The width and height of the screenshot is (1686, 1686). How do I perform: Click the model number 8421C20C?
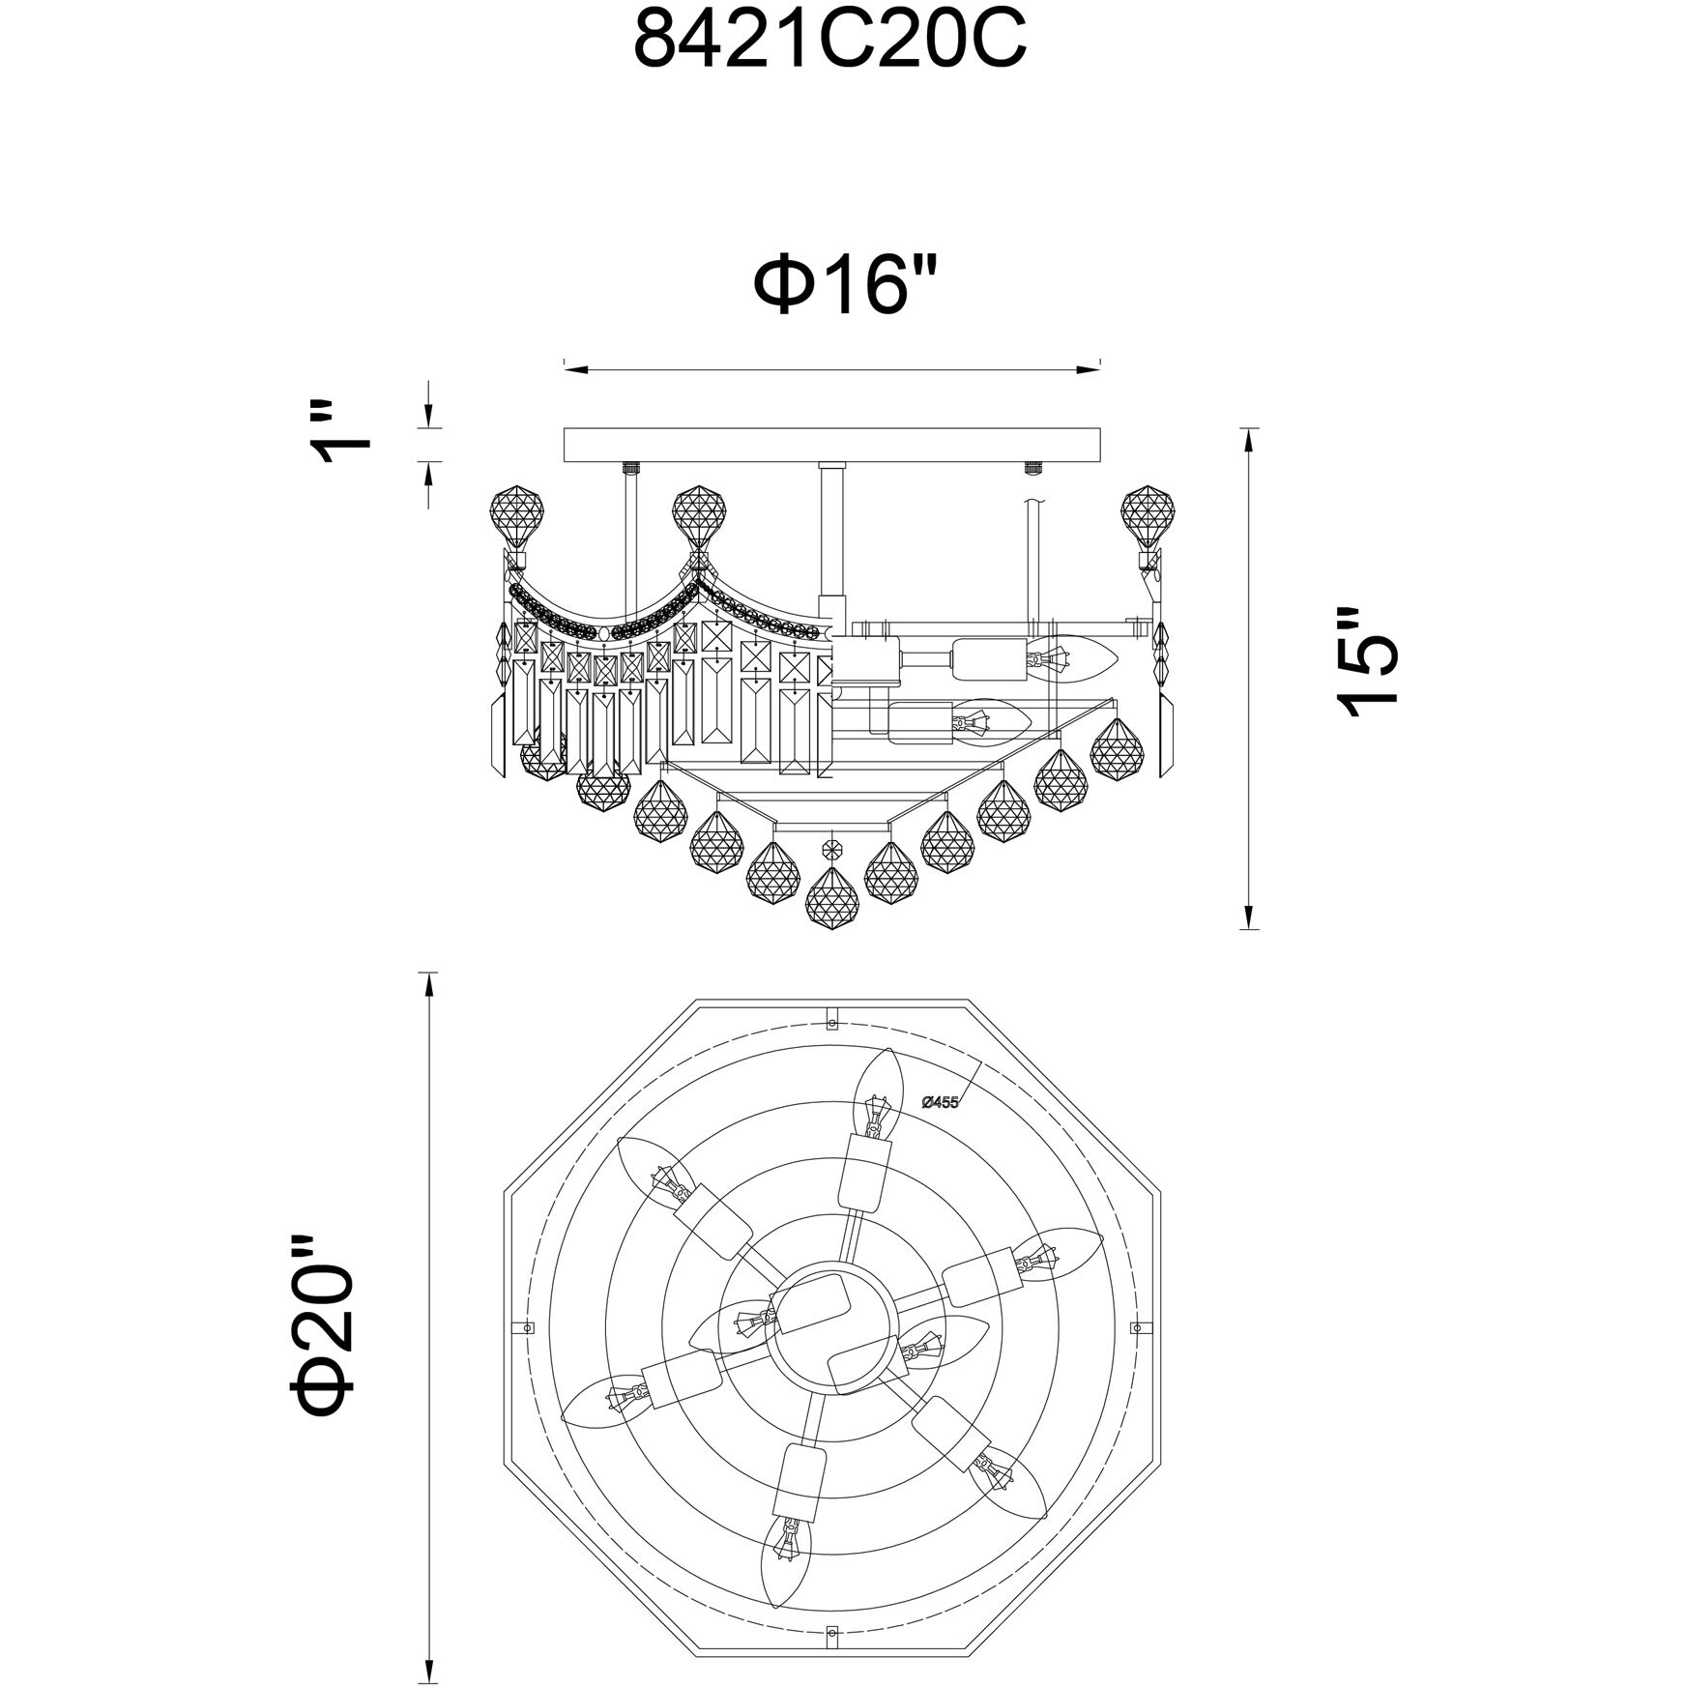829,44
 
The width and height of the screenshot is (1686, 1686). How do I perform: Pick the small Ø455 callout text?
941,1102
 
